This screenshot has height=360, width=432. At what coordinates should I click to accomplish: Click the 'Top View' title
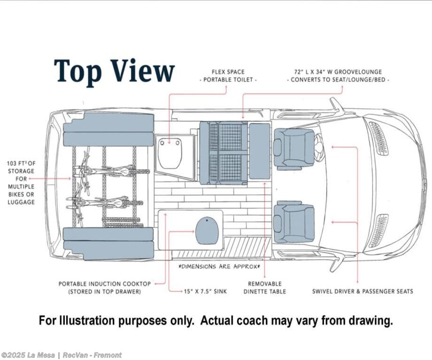[x=114, y=71]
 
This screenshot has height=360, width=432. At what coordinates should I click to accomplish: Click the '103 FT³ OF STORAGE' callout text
[x=21, y=183]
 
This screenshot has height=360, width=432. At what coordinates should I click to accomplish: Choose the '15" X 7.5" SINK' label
[x=205, y=291]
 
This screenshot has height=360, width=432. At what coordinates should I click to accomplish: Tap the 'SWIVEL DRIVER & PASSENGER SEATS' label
[x=363, y=291]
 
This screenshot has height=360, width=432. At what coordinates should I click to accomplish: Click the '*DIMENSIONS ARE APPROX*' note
[x=218, y=266]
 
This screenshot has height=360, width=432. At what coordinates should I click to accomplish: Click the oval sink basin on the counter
[x=208, y=230]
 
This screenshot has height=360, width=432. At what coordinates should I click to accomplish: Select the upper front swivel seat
[x=294, y=148]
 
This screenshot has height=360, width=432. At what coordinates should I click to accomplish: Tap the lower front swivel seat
[x=294, y=222]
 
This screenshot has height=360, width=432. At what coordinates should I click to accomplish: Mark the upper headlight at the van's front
[x=378, y=138]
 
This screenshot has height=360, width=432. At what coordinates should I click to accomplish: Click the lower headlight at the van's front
[x=378, y=231]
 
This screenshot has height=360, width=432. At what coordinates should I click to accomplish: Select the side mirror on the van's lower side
[x=336, y=264]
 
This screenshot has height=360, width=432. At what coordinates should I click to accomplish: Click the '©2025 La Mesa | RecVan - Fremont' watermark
[x=62, y=355]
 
